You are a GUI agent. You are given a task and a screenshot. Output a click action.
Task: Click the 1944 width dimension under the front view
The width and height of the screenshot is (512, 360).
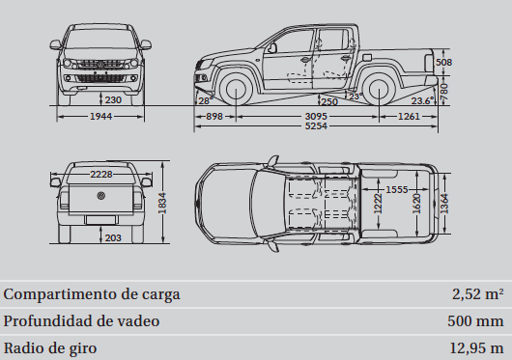point(100,116)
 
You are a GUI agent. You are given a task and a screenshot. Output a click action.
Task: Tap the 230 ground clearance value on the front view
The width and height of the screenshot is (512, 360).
point(112,98)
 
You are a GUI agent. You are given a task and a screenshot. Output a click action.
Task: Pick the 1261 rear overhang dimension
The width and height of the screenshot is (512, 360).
point(410,116)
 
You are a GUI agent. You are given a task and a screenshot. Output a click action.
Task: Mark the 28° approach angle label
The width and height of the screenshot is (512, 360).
point(204,99)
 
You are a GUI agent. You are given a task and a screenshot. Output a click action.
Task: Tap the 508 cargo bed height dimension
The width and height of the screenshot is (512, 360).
point(443,63)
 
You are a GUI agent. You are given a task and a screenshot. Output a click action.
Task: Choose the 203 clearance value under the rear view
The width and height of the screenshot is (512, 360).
point(112,236)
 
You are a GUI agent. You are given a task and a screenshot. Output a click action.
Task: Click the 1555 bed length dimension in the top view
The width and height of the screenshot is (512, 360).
point(394,190)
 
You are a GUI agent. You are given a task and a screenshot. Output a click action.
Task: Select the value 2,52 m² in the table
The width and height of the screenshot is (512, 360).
point(477,294)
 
